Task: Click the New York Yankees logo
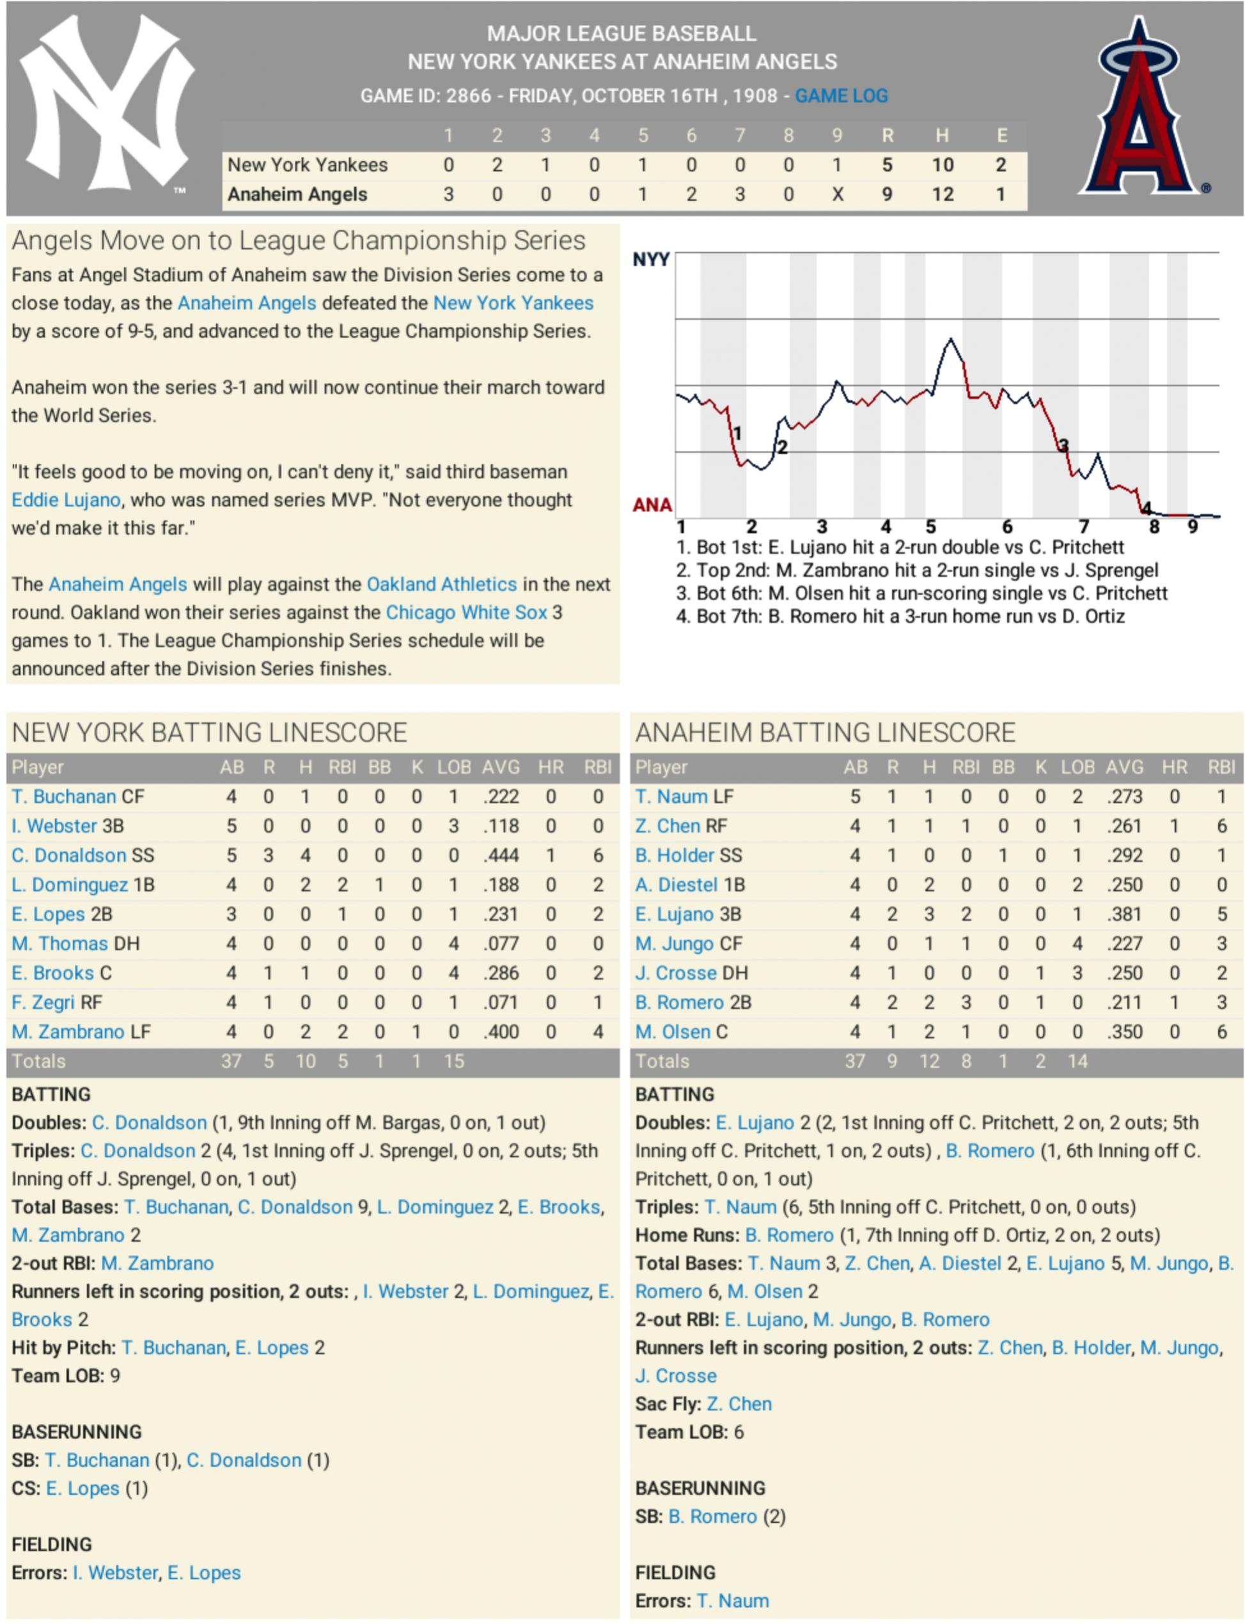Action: click(106, 104)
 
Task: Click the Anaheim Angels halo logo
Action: click(1139, 107)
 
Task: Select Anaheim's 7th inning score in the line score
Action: click(740, 194)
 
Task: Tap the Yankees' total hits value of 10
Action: click(942, 164)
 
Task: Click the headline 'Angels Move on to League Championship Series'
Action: click(298, 241)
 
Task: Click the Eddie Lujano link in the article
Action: click(66, 500)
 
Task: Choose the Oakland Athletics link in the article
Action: click(442, 584)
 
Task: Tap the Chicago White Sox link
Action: click(466, 612)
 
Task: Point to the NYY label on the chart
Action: click(651, 260)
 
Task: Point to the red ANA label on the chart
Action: click(652, 505)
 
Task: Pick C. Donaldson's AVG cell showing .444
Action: click(500, 855)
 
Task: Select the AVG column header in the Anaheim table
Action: click(1124, 767)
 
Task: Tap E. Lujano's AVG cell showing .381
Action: click(1124, 914)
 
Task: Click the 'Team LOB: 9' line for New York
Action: click(65, 1376)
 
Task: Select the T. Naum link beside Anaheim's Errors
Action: click(733, 1601)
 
